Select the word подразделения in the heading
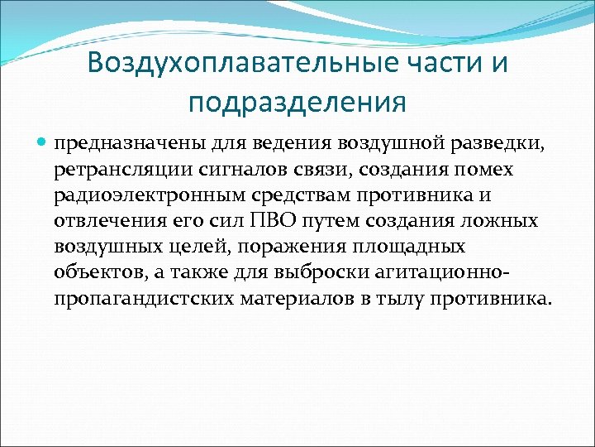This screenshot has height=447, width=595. [x=297, y=103]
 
